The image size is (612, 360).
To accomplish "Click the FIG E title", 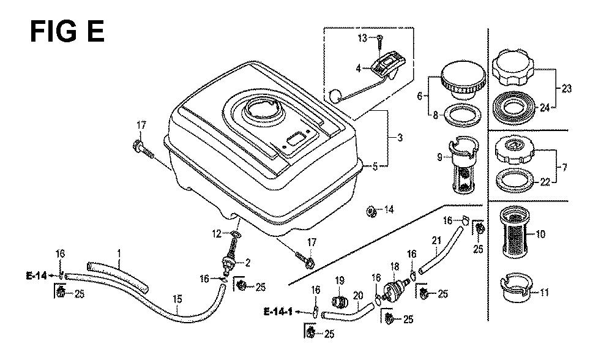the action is [67, 31].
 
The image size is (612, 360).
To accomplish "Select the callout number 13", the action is [362, 38].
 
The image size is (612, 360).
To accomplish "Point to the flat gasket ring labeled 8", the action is [463, 116].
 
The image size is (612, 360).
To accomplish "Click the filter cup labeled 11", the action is [515, 290].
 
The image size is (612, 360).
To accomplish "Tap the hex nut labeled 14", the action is [371, 212].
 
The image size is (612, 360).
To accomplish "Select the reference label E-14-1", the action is [278, 312].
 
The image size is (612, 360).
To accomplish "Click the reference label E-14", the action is [36, 276].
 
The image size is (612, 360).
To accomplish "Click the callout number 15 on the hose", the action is [177, 299].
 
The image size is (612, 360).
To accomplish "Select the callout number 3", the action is [400, 137].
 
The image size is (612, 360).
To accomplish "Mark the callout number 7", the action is [564, 167].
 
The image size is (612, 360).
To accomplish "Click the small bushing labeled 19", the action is [339, 302].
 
